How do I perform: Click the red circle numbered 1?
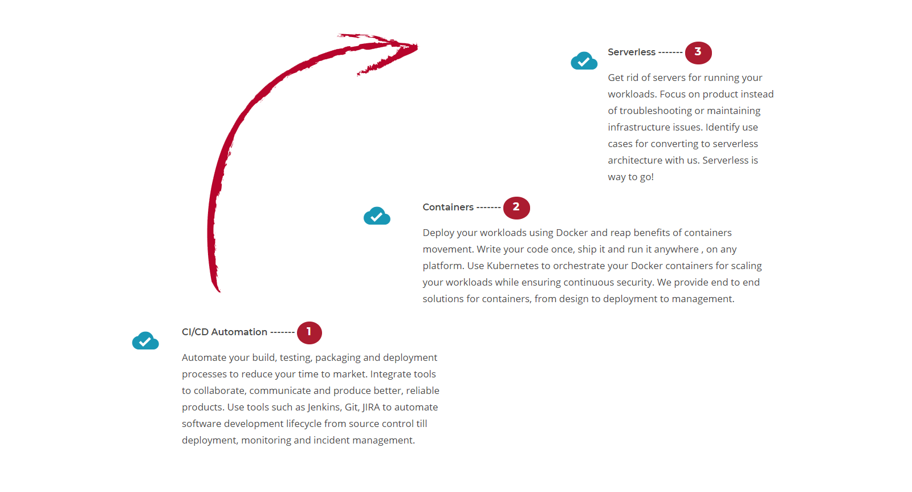point(309,333)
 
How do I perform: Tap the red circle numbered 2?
point(516,208)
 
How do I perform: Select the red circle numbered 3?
point(698,53)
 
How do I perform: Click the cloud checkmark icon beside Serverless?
point(584,60)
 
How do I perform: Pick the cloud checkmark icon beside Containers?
point(377,216)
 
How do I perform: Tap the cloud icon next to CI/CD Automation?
point(145,340)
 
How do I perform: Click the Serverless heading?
point(632,52)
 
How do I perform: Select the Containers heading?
point(448,208)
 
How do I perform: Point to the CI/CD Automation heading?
point(225,332)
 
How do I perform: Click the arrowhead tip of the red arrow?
point(417,46)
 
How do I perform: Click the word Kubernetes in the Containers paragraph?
point(512,266)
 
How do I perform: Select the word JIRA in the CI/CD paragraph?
point(371,407)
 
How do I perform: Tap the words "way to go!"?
point(630,177)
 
